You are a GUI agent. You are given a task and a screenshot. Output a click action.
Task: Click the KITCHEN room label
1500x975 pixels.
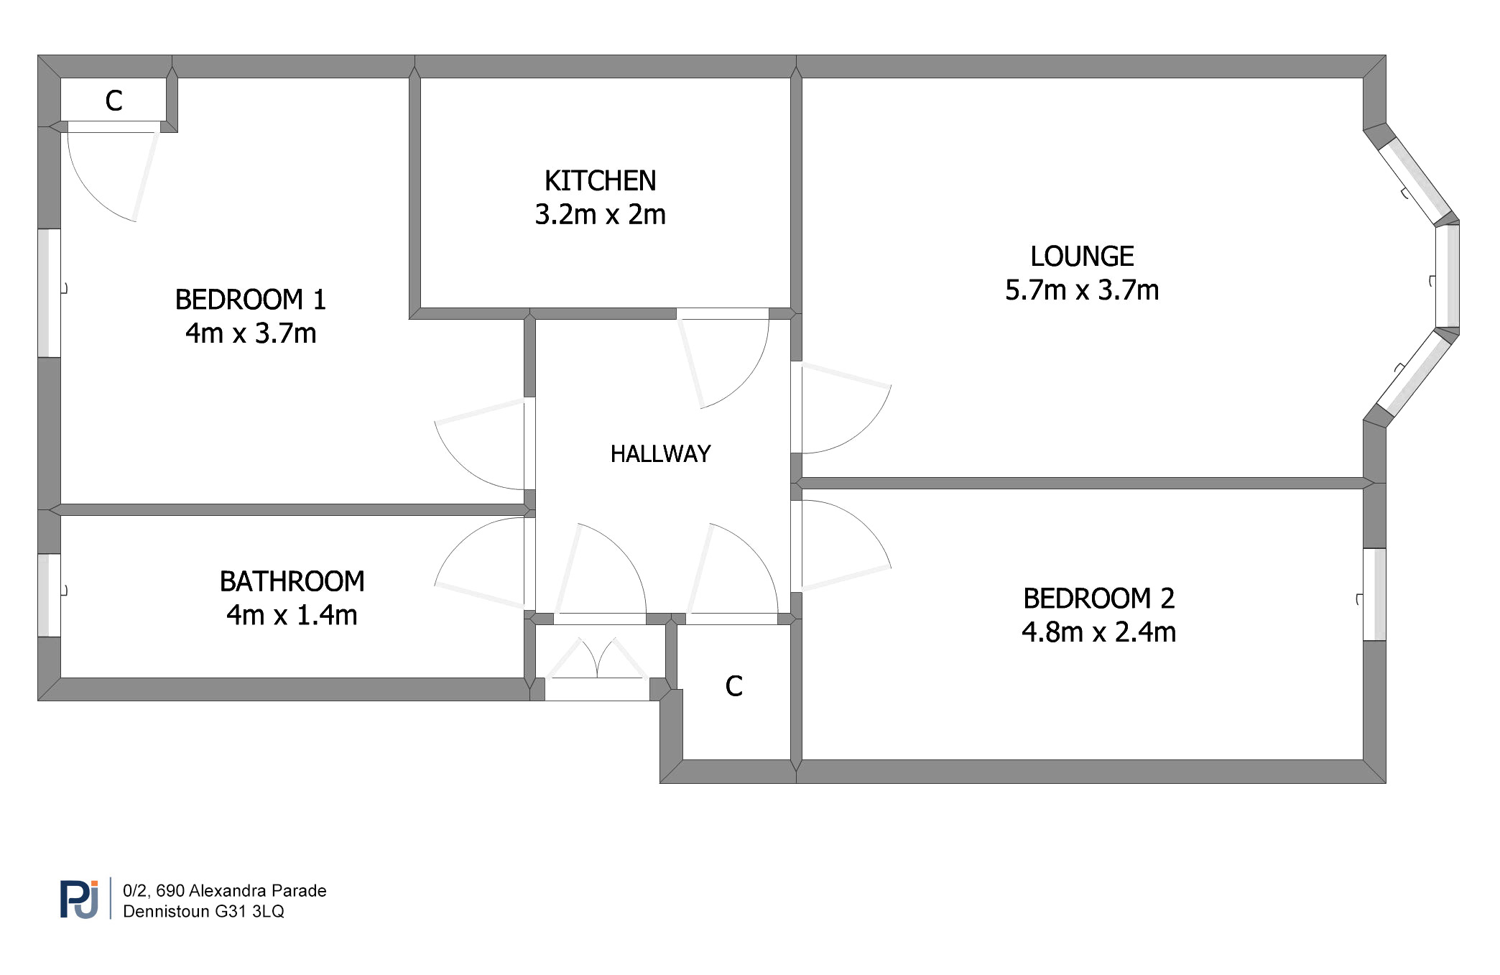pyautogui.click(x=600, y=181)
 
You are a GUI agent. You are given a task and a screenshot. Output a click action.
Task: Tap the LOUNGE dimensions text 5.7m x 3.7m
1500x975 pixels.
pyautogui.click(x=1082, y=290)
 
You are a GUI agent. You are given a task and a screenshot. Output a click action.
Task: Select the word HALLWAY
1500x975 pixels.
pyautogui.click(x=660, y=454)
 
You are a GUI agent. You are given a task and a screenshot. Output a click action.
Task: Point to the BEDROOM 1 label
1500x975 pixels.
pyautogui.click(x=251, y=300)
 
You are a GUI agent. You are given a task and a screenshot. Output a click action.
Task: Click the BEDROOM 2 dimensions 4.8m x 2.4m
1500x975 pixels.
pyautogui.click(x=1098, y=632)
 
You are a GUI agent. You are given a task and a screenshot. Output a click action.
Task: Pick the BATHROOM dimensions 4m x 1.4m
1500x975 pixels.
pyautogui.click(x=292, y=616)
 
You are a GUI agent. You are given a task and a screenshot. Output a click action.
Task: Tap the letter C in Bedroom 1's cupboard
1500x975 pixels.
pyautogui.click(x=114, y=101)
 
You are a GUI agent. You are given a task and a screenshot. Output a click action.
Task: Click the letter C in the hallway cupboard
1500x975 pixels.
pyautogui.click(x=733, y=686)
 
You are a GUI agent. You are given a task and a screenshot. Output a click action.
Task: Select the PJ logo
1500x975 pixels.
pyautogui.click(x=79, y=899)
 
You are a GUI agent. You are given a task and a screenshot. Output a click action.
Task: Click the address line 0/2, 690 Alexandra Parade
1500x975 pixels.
pyautogui.click(x=225, y=891)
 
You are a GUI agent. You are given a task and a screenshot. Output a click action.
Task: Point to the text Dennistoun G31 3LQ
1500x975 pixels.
pyautogui.click(x=203, y=912)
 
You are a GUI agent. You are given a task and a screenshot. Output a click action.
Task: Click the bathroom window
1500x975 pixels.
pyautogui.click(x=49, y=596)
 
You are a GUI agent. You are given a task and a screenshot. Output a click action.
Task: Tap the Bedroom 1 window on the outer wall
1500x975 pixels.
pyautogui.click(x=49, y=293)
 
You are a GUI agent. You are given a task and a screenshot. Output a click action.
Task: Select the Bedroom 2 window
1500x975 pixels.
pyautogui.click(x=1374, y=594)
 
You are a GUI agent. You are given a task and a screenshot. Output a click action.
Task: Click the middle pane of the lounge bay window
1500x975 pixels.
pyautogui.click(x=1448, y=277)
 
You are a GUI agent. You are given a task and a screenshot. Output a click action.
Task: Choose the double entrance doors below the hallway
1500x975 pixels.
pyautogui.click(x=597, y=657)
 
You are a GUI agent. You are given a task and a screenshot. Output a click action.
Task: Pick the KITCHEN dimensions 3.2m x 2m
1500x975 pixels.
pyautogui.click(x=600, y=215)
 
